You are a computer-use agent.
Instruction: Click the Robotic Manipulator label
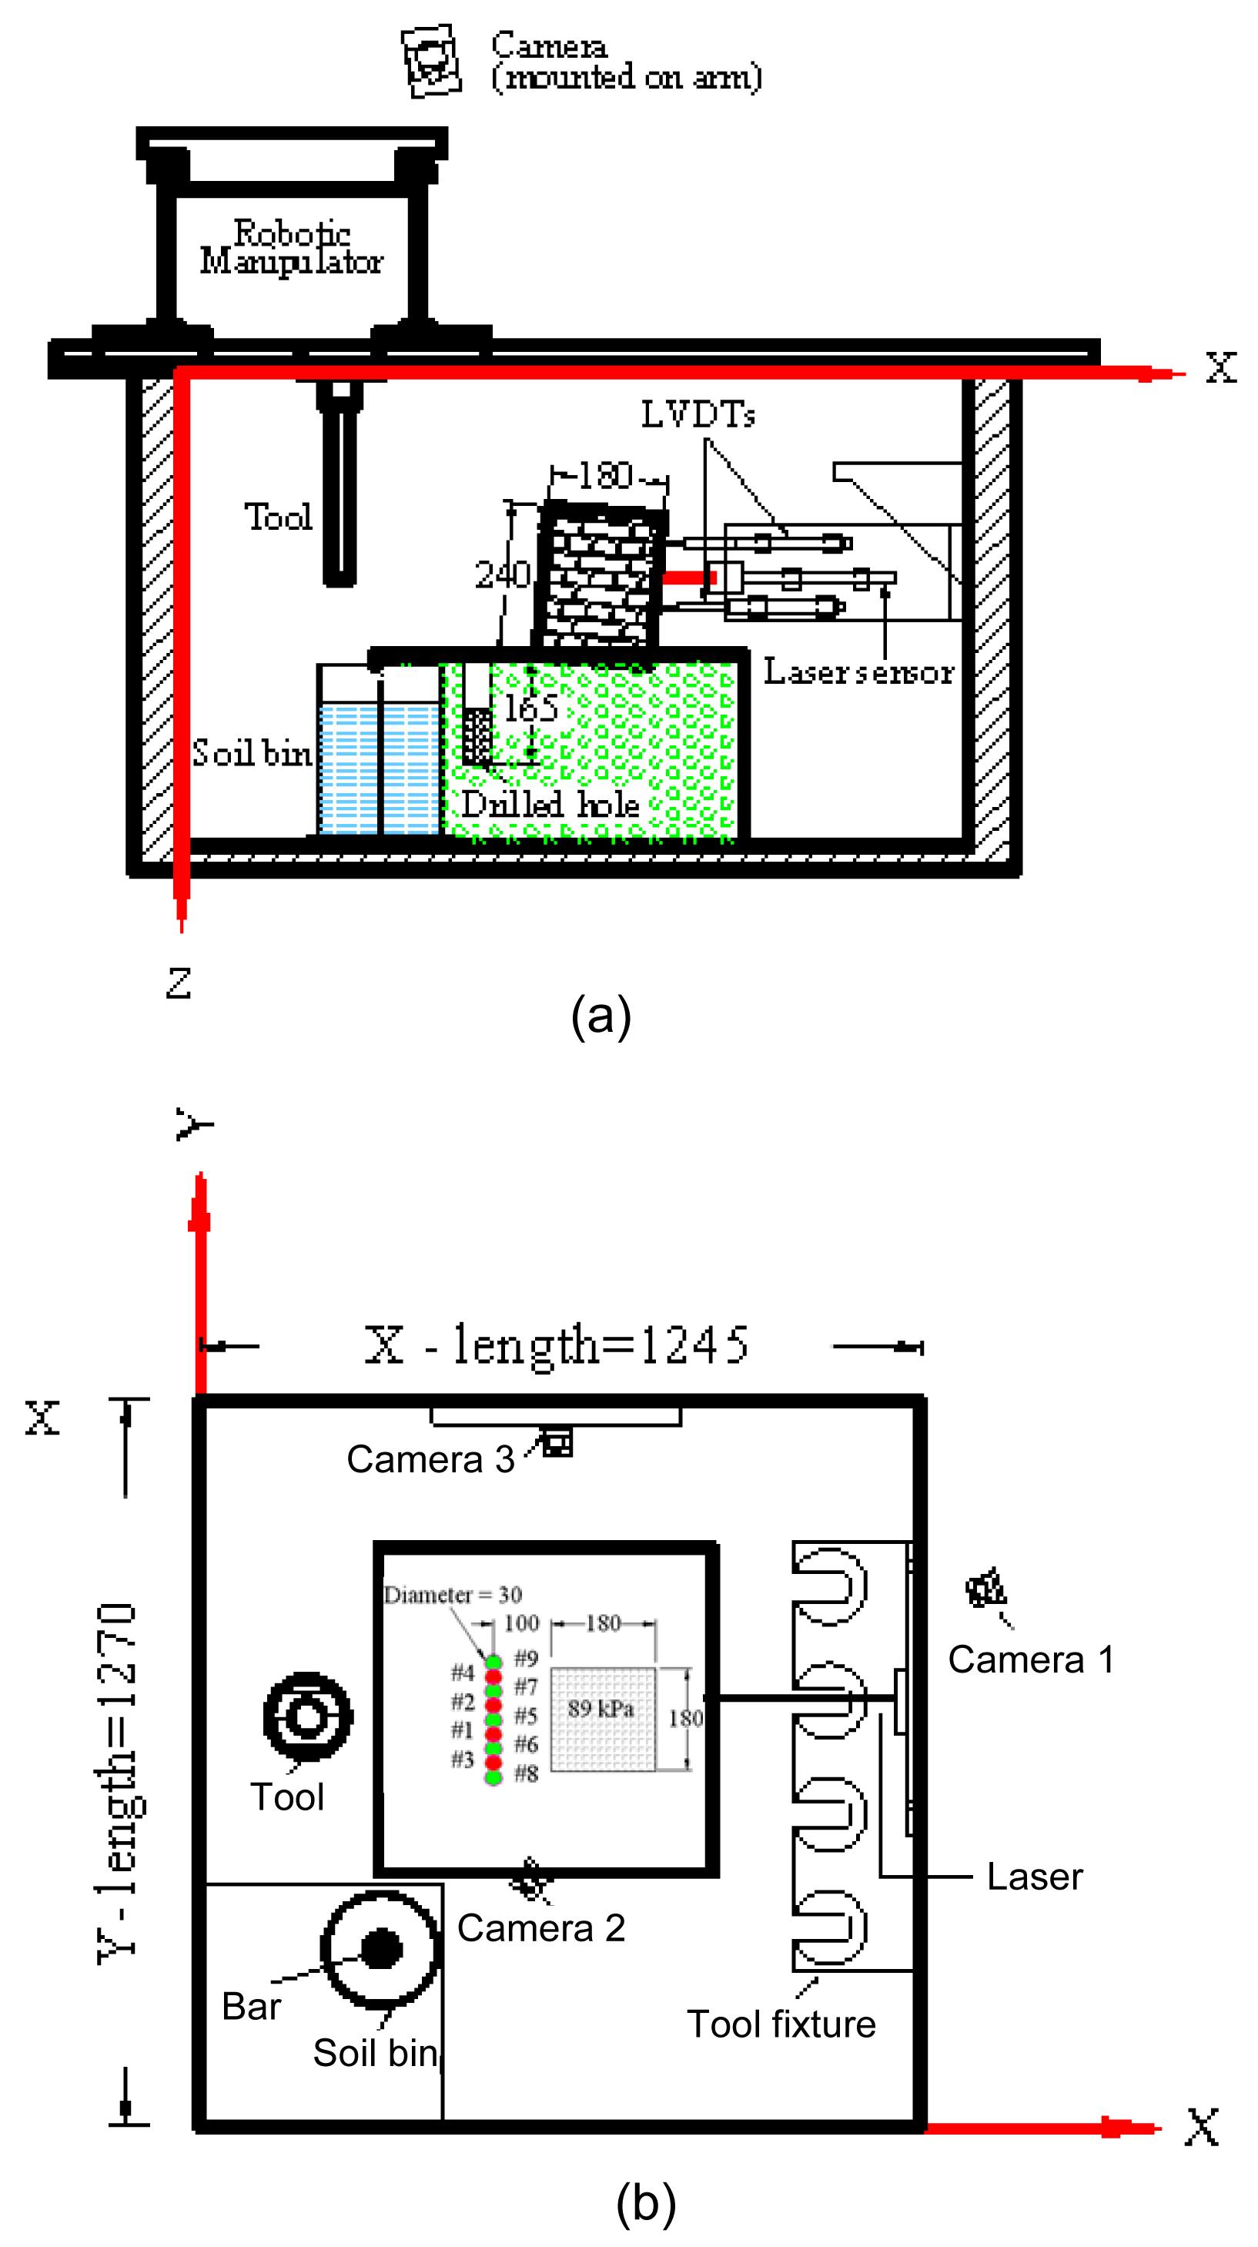[291, 247]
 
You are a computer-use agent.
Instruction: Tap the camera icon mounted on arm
[430, 60]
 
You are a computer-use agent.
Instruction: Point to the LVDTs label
[698, 414]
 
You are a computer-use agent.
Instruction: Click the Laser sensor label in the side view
[858, 671]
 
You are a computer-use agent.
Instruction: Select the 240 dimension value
[502, 574]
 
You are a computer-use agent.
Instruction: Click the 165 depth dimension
[530, 708]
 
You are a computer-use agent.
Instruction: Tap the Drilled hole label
[550, 804]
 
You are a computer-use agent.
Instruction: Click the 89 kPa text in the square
[601, 1709]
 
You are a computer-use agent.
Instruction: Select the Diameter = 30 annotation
[453, 1595]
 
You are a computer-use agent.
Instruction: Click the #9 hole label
[526, 1657]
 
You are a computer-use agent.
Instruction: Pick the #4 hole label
[463, 1673]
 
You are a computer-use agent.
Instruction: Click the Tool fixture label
[781, 2024]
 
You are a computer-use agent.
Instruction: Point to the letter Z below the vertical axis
[178, 983]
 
